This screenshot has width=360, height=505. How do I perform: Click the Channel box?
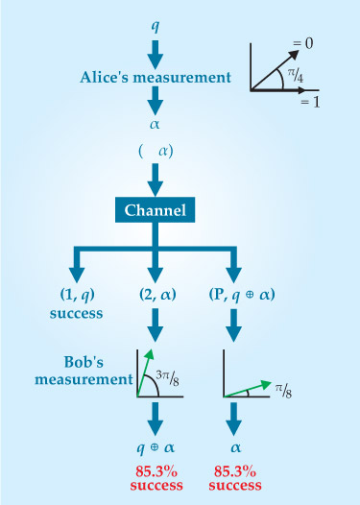pyautogui.click(x=155, y=210)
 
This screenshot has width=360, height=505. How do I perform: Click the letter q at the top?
pyautogui.click(x=156, y=26)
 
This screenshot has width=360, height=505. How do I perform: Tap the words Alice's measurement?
pyautogui.click(x=156, y=78)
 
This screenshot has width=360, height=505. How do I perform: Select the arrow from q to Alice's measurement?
pyautogui.click(x=156, y=54)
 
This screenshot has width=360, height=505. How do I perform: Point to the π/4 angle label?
pyautogui.click(x=296, y=76)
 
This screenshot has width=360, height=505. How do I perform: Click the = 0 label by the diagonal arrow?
pyautogui.click(x=302, y=43)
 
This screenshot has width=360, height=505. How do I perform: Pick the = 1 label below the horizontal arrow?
pyautogui.click(x=310, y=102)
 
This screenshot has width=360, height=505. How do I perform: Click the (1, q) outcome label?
pyautogui.click(x=78, y=295)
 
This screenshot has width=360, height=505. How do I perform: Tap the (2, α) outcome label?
pyautogui.click(x=157, y=295)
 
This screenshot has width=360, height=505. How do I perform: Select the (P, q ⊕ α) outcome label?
pyautogui.click(x=242, y=295)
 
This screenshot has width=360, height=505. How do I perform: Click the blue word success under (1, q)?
pyautogui.click(x=76, y=313)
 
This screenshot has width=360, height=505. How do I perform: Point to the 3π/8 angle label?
pyautogui.click(x=167, y=377)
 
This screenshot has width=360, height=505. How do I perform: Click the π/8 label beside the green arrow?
pyautogui.click(x=284, y=391)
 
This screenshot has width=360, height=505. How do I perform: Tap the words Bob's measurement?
pyautogui.click(x=84, y=371)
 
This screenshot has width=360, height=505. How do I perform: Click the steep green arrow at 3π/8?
pyautogui.click(x=145, y=373)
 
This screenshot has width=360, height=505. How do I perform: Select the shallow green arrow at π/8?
pyautogui.click(x=248, y=389)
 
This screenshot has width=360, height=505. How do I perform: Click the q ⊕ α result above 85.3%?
pyautogui.click(x=156, y=447)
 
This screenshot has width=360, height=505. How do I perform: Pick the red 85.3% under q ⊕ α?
pyautogui.click(x=156, y=471)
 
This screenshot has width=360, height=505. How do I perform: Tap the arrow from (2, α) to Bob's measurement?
pyautogui.click(x=156, y=325)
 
